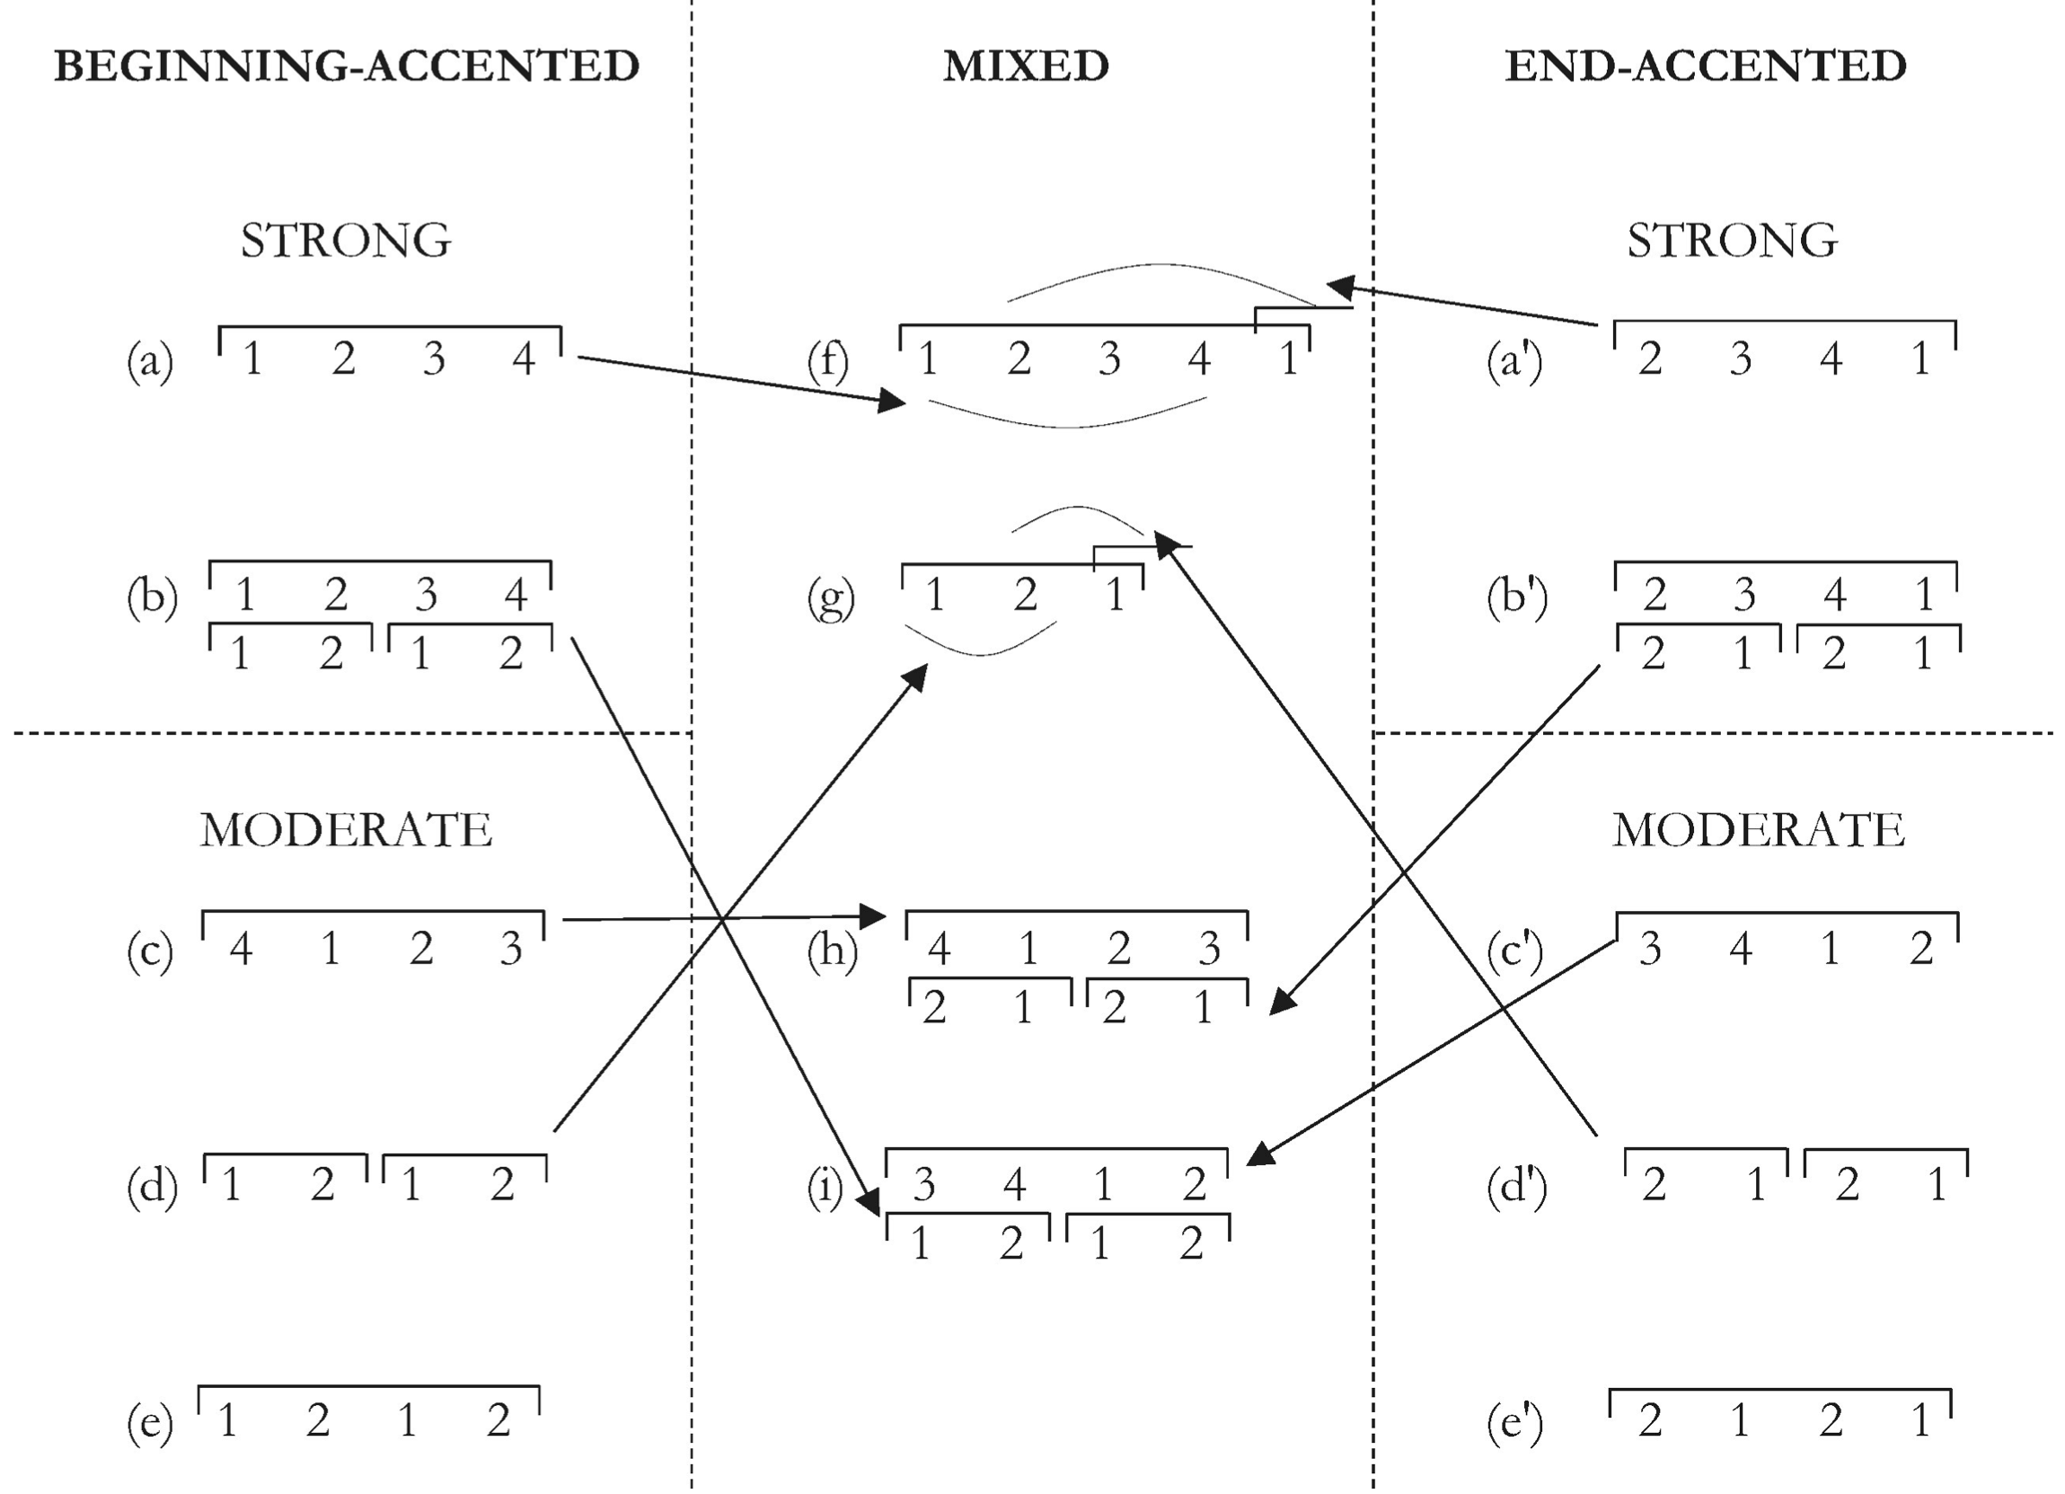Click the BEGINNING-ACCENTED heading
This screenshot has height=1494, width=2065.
pyautogui.click(x=346, y=66)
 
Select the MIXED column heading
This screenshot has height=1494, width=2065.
pyautogui.click(x=1026, y=66)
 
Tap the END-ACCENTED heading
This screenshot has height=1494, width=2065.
pyautogui.click(x=1706, y=66)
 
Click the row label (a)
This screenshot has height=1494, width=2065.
pyautogui.click(x=150, y=360)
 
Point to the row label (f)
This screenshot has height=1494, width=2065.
pyautogui.click(x=827, y=360)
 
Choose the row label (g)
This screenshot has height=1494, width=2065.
pyautogui.click(x=830, y=597)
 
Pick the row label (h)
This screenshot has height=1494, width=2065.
pyautogui.click(x=832, y=950)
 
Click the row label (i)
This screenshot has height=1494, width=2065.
pyautogui.click(x=825, y=1187)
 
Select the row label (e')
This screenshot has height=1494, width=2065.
pyautogui.click(x=1515, y=1422)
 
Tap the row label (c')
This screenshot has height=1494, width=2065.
pyautogui.click(x=1515, y=950)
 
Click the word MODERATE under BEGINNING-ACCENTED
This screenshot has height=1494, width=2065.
pyautogui.click(x=346, y=830)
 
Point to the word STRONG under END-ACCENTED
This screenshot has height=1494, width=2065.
pyautogui.click(x=1732, y=241)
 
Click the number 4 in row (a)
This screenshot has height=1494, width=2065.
pyautogui.click(x=524, y=358)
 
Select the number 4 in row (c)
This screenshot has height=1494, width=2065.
pyautogui.click(x=241, y=949)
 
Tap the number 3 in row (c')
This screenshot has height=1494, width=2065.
pyautogui.click(x=1650, y=949)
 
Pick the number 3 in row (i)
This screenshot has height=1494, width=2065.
pyautogui.click(x=924, y=1184)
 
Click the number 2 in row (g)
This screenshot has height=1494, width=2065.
pyautogui.click(x=1025, y=596)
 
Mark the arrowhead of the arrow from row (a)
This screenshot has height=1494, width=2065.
pyautogui.click(x=893, y=401)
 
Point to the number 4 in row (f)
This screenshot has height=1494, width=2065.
pyautogui.click(x=1199, y=358)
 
